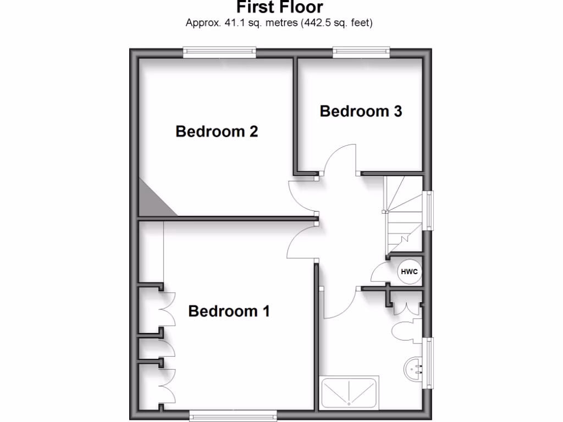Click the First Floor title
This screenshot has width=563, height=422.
tap(280, 7)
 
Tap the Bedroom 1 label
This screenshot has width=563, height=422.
tap(229, 312)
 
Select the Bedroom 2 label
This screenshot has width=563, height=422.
tap(217, 132)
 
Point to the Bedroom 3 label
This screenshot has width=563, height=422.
tap(361, 112)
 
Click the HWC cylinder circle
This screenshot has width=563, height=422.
tap(408, 271)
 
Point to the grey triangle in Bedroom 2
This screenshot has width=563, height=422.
tap(153, 199)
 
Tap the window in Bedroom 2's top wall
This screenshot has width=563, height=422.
tap(219, 53)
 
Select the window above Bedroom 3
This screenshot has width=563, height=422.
tap(361, 53)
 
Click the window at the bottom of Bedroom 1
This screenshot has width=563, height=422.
tap(226, 417)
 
